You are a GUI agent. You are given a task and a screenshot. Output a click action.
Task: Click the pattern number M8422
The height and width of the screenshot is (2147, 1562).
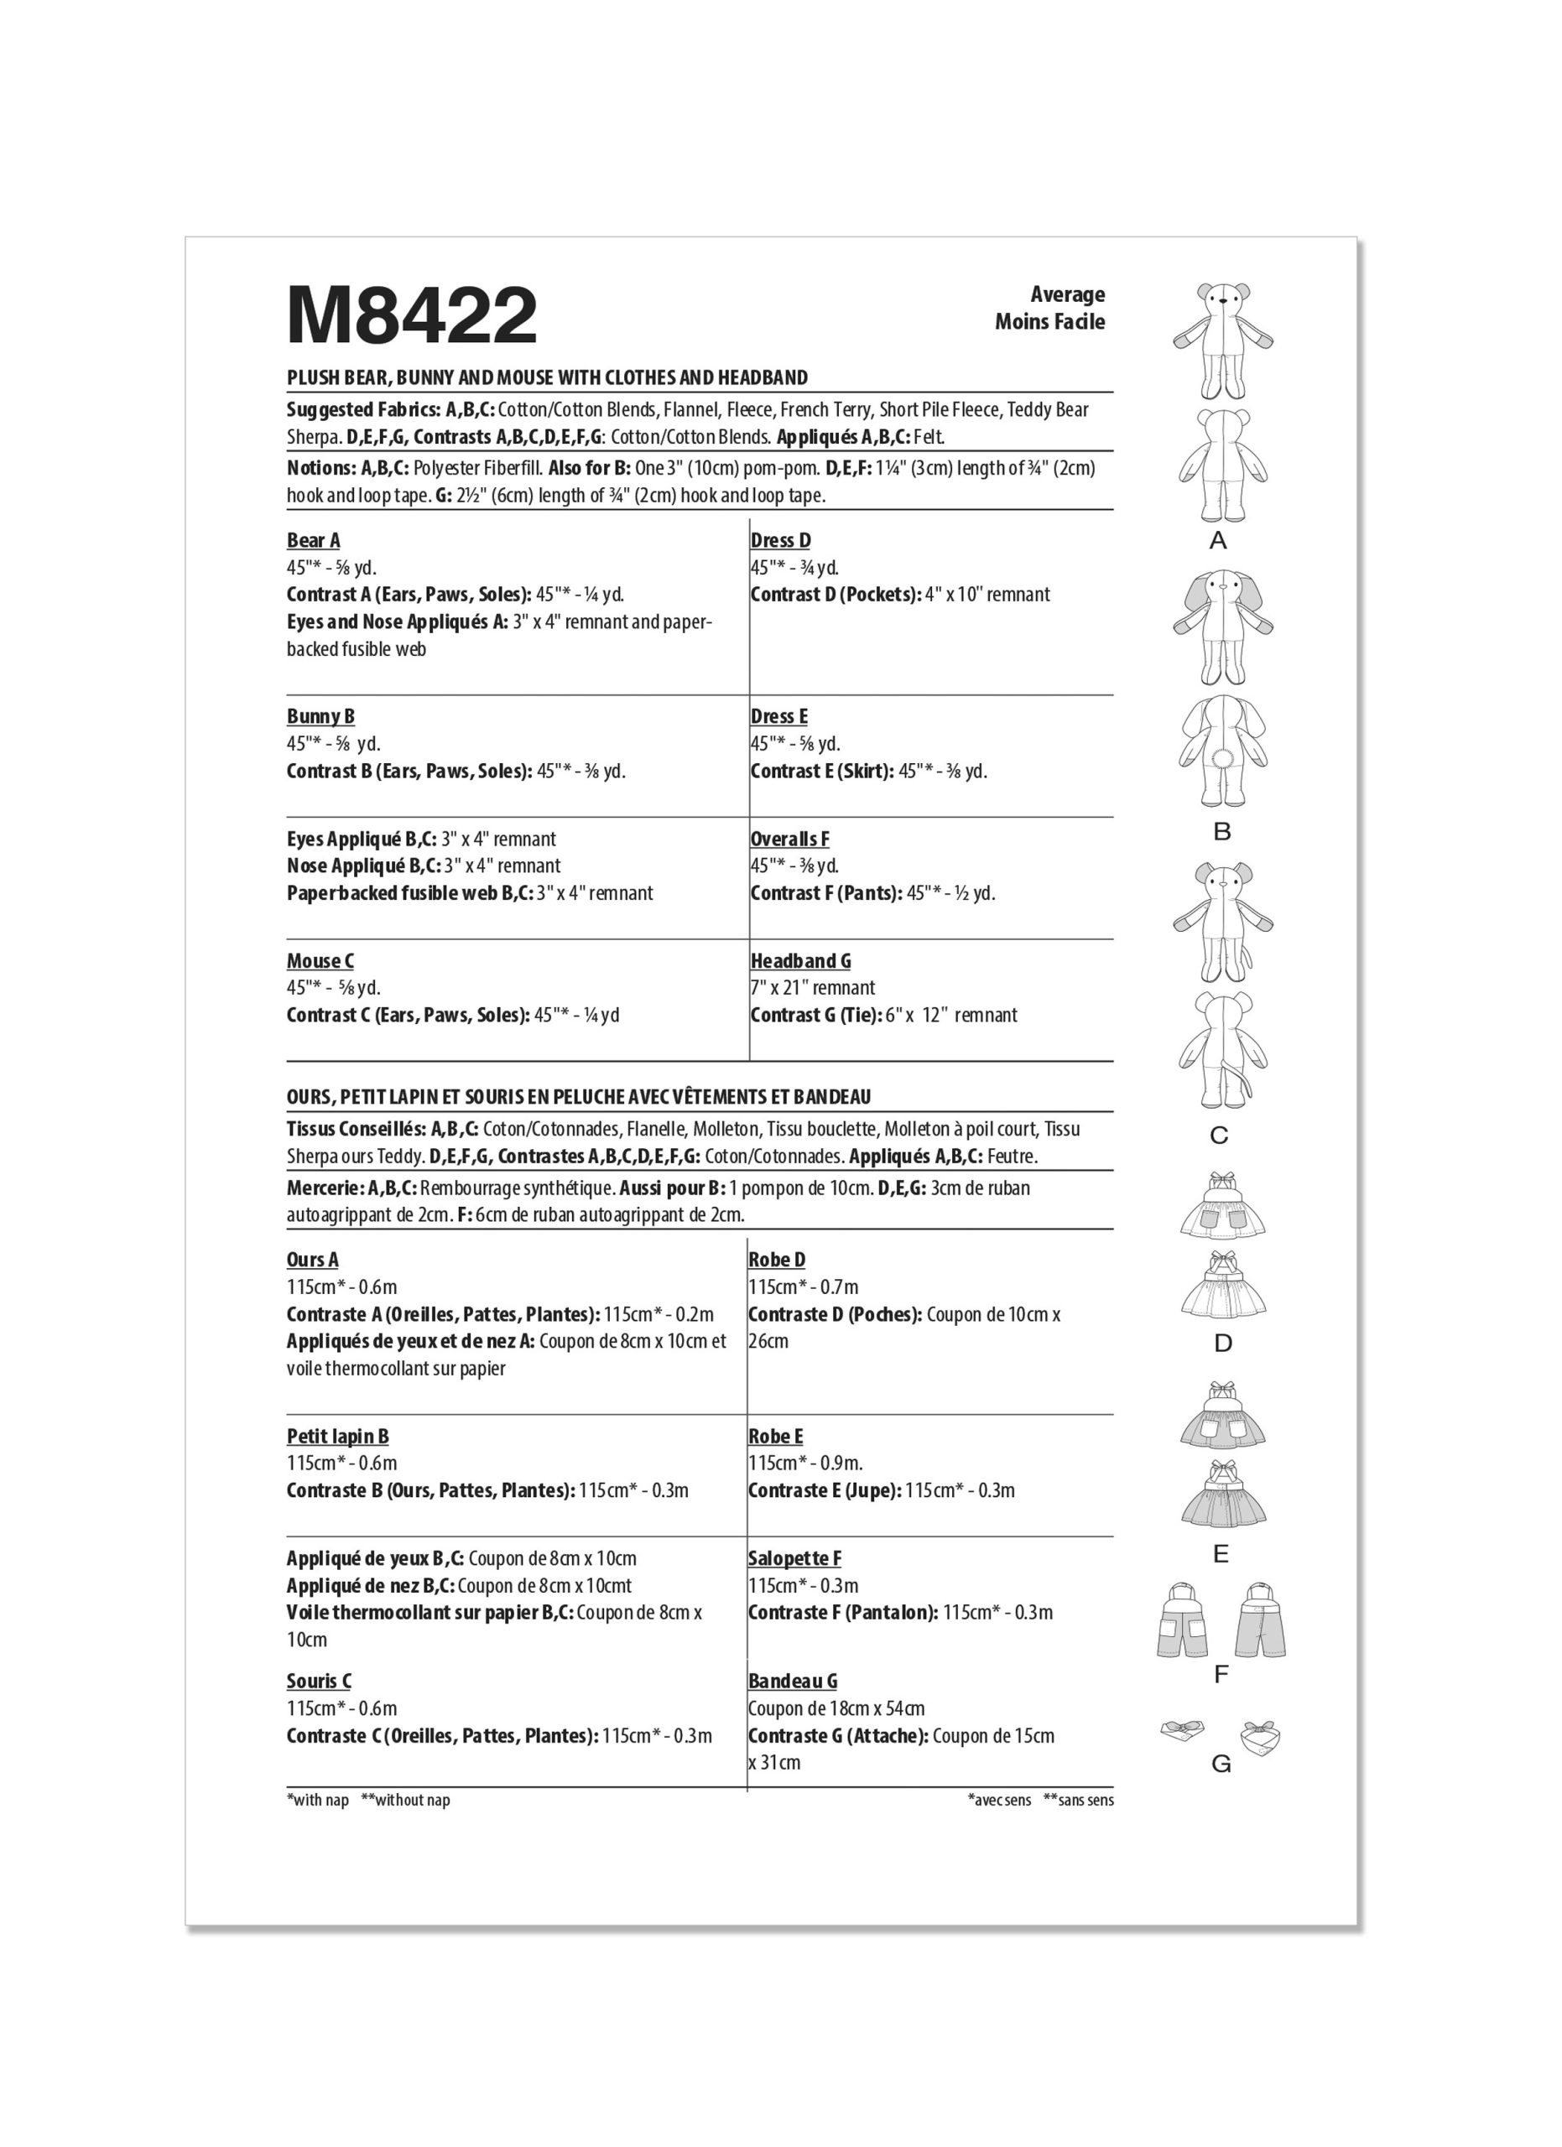[412, 316]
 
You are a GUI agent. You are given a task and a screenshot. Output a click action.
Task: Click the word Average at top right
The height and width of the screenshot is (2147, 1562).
[1067, 294]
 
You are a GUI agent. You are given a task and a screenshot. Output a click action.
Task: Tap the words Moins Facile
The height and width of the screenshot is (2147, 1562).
[1049, 322]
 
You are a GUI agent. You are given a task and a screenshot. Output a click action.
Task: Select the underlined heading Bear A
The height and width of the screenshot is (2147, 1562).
[314, 541]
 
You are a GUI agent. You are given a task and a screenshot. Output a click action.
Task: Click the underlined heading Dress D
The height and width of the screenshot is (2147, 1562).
[780, 541]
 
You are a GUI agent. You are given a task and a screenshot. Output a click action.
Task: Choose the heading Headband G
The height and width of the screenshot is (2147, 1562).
[800, 961]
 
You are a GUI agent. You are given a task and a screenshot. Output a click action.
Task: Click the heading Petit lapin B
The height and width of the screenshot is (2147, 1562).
[338, 1436]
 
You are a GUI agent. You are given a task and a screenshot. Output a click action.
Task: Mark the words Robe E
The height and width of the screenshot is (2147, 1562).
[775, 1436]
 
